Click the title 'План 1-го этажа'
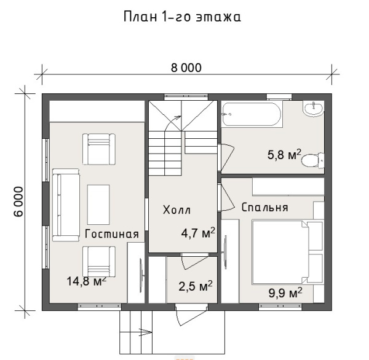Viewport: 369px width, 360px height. [182, 17]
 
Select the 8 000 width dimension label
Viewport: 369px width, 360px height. [186, 68]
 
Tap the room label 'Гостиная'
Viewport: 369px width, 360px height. [111, 234]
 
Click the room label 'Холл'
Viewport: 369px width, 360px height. [177, 210]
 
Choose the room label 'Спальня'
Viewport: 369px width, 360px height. [265, 207]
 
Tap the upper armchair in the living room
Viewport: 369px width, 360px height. [98, 149]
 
